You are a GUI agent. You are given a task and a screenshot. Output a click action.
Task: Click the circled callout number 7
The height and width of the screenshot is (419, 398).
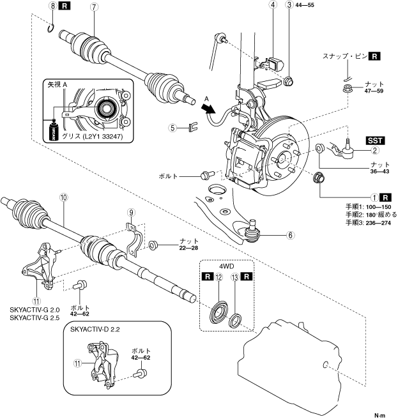93,7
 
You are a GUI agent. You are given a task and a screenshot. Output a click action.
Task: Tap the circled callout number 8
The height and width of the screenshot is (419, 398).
53,6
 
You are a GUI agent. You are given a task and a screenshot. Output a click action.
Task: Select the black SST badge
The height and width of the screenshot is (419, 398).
375,141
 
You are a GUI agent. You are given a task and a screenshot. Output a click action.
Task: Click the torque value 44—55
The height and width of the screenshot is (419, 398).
305,5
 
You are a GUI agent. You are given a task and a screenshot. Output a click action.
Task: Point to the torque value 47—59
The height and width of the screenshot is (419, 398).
374,91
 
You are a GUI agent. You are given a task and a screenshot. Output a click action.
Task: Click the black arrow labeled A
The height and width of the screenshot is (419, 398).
209,108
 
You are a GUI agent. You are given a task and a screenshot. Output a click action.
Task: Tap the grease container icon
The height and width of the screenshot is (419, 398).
53,130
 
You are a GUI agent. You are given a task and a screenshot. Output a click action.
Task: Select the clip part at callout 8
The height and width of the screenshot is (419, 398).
51,29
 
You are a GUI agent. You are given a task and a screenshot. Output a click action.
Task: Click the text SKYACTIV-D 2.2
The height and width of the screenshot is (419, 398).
95,329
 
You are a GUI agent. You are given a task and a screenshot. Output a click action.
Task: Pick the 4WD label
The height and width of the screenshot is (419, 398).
226,266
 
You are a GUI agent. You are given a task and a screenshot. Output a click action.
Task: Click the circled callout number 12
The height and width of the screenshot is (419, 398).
218,277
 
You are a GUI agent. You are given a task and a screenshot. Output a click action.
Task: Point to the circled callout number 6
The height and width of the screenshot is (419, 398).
290,235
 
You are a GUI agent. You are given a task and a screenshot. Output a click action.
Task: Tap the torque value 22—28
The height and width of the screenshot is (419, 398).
188,248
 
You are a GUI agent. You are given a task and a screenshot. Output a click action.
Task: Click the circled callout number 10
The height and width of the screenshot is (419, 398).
64,198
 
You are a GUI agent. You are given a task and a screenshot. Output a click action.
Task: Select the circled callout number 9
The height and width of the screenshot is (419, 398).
131,213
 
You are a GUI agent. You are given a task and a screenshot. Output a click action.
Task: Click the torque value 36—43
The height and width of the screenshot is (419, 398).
380,171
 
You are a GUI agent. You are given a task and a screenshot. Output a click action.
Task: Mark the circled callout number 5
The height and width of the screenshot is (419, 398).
172,128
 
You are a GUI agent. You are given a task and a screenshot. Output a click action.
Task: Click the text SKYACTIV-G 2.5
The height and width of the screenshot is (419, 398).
34,318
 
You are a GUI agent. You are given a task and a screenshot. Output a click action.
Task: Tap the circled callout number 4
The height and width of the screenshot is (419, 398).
273,5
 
